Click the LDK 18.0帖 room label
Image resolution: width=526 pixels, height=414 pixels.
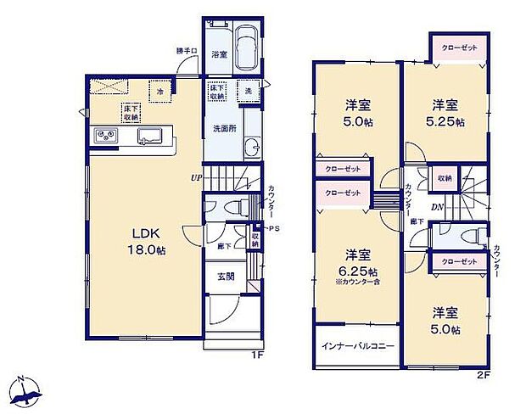(x=139, y=240)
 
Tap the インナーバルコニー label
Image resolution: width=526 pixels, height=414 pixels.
(x=357, y=346)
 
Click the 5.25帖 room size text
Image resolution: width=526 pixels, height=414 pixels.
(x=446, y=122)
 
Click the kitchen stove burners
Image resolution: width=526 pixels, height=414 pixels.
(x=108, y=135)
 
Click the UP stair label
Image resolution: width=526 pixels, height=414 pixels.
(x=195, y=178)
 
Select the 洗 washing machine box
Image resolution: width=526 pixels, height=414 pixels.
(x=249, y=92)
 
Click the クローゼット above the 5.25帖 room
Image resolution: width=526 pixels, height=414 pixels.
(x=459, y=48)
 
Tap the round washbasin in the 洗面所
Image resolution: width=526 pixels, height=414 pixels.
(x=249, y=152)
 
